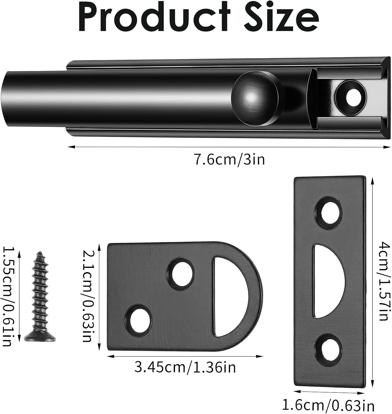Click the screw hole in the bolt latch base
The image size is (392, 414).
(x=351, y=97)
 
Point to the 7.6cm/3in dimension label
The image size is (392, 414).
(x=229, y=160)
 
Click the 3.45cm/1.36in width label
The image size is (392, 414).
(x=185, y=367)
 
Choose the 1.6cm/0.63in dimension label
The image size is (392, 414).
(x=328, y=405)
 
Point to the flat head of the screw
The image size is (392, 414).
(x=40, y=337)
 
